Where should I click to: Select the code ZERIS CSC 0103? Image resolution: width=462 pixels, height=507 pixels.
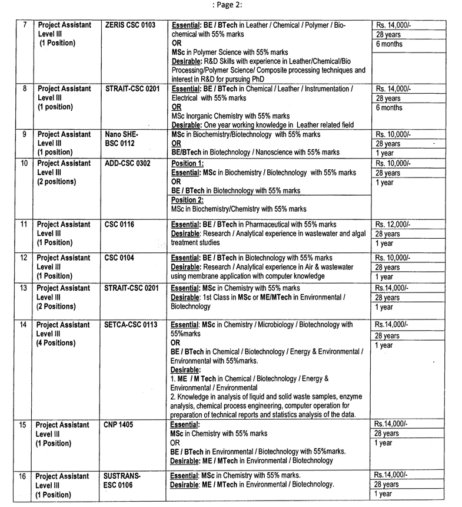click(x=129, y=25)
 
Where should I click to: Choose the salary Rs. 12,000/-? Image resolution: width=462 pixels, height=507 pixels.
click(x=394, y=225)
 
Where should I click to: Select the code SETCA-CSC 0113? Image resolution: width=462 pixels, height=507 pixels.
click(x=133, y=324)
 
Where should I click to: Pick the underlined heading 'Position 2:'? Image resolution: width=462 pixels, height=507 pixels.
click(x=187, y=200)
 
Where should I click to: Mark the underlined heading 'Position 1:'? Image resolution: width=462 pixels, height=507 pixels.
click(x=187, y=163)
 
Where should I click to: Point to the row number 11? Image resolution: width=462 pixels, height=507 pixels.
click(x=24, y=225)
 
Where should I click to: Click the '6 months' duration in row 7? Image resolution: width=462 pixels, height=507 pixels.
click(x=389, y=44)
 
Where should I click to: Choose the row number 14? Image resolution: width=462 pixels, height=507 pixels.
click(x=24, y=324)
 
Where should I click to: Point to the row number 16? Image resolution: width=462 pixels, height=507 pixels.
click(x=24, y=475)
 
